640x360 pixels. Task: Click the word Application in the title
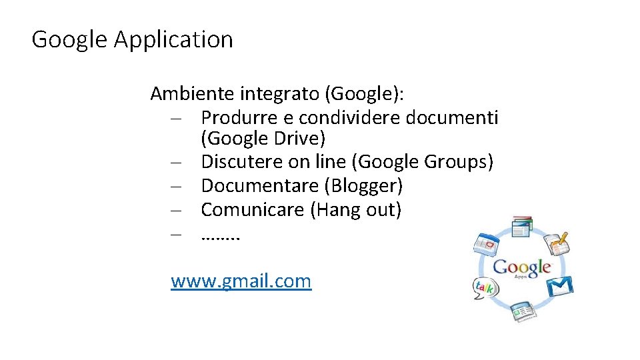[x=173, y=39]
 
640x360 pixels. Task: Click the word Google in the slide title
[x=69, y=39]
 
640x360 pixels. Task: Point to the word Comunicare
[x=253, y=210]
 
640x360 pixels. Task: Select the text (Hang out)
[x=357, y=210]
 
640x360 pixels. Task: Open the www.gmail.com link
[x=241, y=281]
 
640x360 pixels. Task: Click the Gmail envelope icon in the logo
[x=559, y=286]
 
